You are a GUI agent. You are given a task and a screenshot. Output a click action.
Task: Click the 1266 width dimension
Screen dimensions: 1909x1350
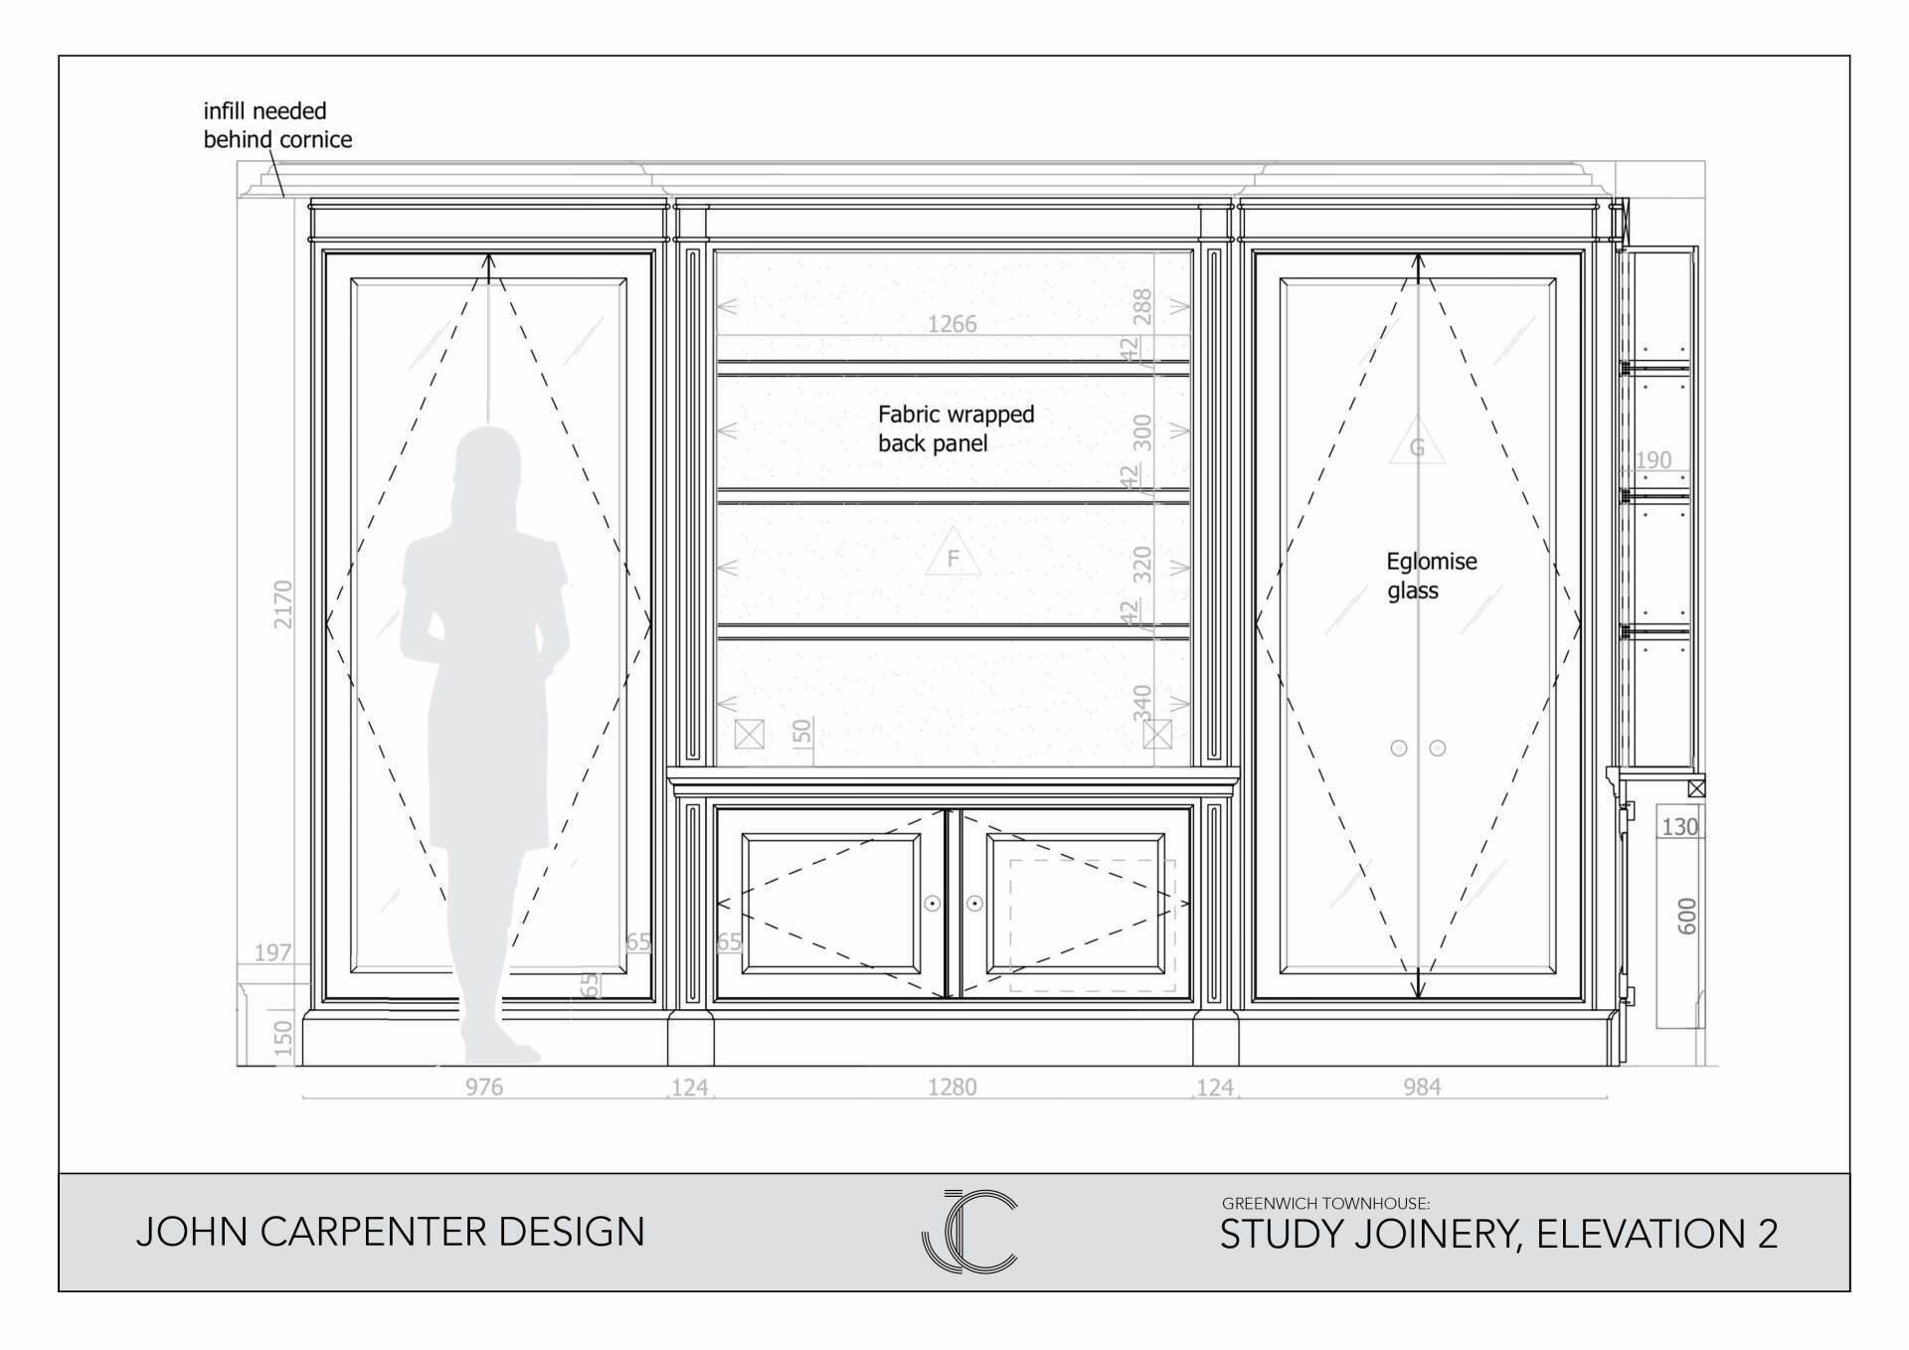(x=952, y=324)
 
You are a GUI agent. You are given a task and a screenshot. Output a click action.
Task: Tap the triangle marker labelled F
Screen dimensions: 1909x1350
(x=953, y=552)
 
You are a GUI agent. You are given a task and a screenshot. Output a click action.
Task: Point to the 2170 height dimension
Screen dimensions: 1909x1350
(x=283, y=604)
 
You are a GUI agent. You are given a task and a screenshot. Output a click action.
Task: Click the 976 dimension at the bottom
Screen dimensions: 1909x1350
(x=484, y=1087)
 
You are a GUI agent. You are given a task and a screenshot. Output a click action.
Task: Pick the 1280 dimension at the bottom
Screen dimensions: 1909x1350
(x=952, y=1087)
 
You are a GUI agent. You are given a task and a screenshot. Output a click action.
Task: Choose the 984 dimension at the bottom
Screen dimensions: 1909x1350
(x=1422, y=1087)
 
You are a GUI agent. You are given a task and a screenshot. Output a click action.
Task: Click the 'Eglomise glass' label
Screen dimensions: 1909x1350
(x=1432, y=576)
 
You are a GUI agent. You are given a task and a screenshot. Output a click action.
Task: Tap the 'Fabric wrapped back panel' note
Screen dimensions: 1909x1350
(x=955, y=428)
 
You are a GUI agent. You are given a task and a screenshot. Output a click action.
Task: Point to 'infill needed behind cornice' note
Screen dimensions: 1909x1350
(x=277, y=125)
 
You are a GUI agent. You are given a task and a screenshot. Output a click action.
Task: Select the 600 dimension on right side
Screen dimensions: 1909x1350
(x=1687, y=916)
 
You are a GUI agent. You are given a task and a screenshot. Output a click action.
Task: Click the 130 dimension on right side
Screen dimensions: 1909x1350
(x=1679, y=826)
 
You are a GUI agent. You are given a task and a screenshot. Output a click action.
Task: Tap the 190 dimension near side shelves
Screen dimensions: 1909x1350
(x=1653, y=459)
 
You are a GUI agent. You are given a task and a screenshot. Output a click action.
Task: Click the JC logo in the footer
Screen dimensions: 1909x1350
(x=969, y=1231)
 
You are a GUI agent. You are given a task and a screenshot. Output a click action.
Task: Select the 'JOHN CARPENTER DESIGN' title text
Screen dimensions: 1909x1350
(x=391, y=1232)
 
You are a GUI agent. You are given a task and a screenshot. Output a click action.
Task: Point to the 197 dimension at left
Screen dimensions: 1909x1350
(x=272, y=952)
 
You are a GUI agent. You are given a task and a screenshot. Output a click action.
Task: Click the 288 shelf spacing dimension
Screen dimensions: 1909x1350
(x=1142, y=306)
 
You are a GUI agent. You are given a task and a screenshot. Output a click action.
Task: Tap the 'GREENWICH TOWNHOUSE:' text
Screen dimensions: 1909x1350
(x=1325, y=1203)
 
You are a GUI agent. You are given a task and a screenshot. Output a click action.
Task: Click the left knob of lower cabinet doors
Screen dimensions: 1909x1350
(x=933, y=904)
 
